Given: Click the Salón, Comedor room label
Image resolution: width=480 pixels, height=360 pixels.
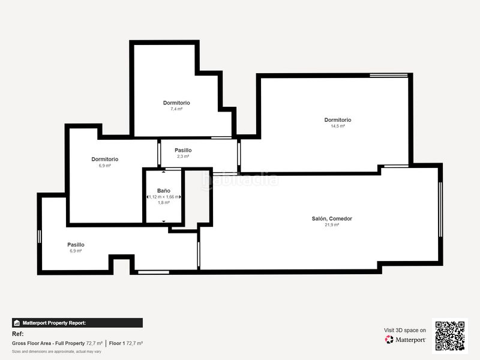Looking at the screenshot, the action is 332,218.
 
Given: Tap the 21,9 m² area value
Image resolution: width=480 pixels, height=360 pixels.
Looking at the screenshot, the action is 332,224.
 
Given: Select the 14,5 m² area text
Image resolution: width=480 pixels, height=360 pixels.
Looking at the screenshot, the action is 338,126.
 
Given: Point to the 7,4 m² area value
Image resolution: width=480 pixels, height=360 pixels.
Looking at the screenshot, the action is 176,109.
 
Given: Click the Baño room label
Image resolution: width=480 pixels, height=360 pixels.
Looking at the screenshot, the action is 164,191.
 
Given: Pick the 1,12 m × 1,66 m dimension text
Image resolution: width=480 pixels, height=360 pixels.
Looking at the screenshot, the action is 164,197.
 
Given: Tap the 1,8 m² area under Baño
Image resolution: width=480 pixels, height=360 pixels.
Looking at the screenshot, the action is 164,203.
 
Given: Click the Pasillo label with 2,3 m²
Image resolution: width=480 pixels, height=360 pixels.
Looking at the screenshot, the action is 183,151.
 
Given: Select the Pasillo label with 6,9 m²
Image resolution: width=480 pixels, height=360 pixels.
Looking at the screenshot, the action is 76,245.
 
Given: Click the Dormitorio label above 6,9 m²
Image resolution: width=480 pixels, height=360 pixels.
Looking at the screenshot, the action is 104,159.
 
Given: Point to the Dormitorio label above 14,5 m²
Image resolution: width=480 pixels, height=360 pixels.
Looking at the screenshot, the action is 338,120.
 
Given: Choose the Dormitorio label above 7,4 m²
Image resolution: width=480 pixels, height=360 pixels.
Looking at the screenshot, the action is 176,103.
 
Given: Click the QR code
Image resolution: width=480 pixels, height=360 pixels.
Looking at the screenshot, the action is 450,336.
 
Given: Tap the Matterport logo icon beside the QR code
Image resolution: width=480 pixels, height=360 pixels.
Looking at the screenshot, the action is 389,340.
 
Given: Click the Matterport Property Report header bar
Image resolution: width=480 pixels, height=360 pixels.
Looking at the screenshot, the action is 77,323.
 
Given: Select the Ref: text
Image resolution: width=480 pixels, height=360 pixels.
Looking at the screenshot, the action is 18,334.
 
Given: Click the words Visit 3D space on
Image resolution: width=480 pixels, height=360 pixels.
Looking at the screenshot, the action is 405,331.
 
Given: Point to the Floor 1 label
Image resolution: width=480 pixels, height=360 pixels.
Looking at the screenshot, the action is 117,343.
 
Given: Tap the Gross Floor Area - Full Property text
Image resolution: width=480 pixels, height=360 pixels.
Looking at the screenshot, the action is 49,343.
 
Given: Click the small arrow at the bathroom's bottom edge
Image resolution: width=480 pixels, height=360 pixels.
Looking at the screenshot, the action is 164,221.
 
